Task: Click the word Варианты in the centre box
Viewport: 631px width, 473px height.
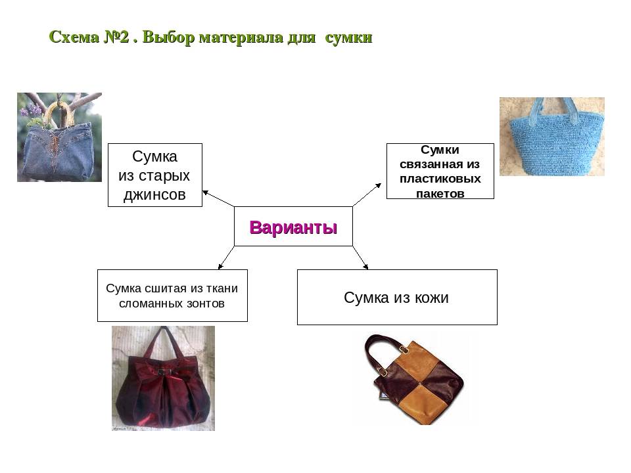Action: [x=293, y=227]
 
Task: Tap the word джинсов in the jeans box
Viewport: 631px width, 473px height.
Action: [x=154, y=194]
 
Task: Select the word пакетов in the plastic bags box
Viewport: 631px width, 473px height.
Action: [x=440, y=194]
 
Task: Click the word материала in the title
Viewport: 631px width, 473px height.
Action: [x=241, y=37]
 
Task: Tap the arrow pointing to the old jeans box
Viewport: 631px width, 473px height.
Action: [x=218, y=198]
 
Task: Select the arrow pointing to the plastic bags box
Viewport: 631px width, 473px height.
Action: [x=367, y=194]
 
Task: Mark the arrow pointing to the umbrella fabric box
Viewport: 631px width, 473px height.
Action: [x=226, y=258]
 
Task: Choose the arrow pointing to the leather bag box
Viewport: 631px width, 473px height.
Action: [x=360, y=258]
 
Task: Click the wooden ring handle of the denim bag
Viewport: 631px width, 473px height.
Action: [x=59, y=112]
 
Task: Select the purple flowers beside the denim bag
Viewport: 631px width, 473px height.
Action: [x=31, y=110]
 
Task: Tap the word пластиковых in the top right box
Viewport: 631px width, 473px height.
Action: [x=440, y=179]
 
